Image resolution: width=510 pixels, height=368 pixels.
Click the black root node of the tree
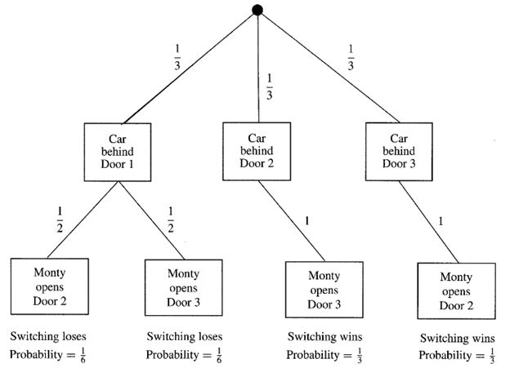point(258,10)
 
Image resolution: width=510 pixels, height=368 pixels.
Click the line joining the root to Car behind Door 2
point(257,65)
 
